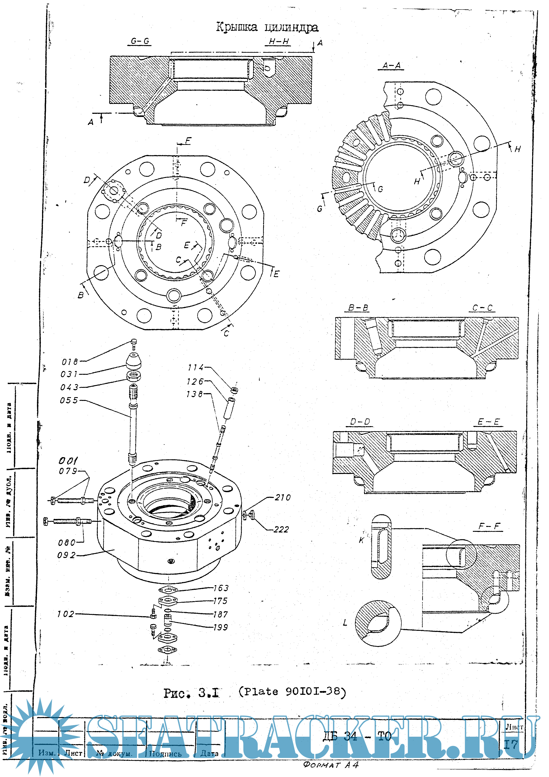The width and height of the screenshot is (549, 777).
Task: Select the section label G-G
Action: [x=140, y=41]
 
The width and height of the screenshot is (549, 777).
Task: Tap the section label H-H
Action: [x=279, y=42]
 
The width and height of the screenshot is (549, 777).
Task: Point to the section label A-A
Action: [x=391, y=65]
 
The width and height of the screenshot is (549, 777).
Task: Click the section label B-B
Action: [x=358, y=308]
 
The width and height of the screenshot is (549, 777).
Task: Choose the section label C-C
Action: [x=482, y=308]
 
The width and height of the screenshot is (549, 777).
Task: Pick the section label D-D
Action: [x=360, y=422]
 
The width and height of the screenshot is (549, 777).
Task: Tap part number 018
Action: [x=70, y=362]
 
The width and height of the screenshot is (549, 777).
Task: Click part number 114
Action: [x=196, y=367]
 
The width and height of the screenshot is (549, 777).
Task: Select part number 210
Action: [x=283, y=497]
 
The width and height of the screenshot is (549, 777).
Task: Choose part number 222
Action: [x=281, y=530]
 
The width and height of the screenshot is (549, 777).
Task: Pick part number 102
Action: [x=65, y=614]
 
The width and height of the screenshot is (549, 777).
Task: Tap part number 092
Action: [x=66, y=555]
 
